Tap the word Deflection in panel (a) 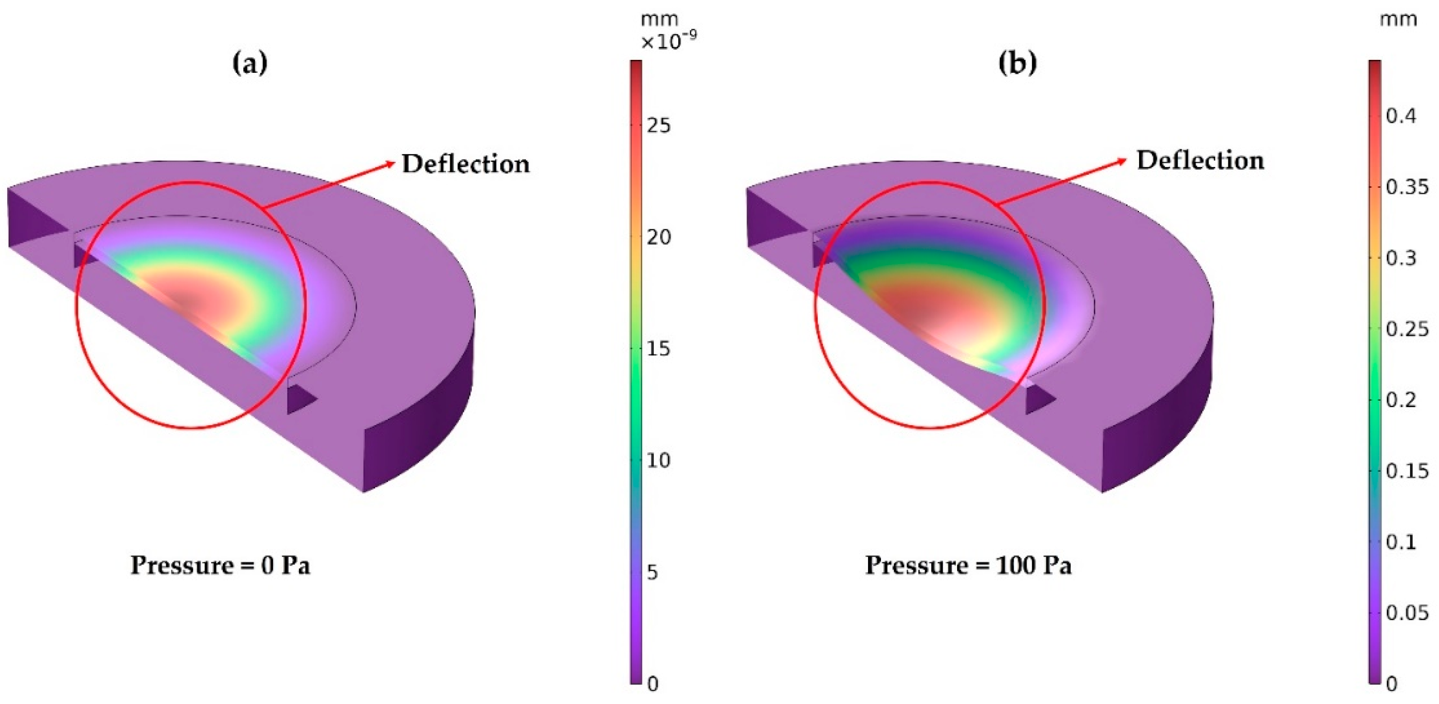pyautogui.click(x=465, y=164)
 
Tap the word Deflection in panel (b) pyautogui.click(x=1200, y=161)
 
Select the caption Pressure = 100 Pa pyautogui.click(x=968, y=565)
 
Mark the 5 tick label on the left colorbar pyautogui.click(x=652, y=572)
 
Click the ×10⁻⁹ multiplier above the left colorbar pyautogui.click(x=669, y=42)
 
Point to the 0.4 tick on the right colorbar pyautogui.click(x=1401, y=116)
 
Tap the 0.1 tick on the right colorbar pyautogui.click(x=1401, y=542)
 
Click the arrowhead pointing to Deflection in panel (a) pyautogui.click(x=390, y=164)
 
